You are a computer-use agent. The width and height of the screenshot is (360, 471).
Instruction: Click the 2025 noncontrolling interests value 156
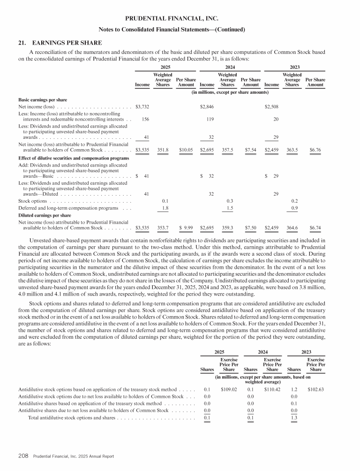click(x=145, y=119)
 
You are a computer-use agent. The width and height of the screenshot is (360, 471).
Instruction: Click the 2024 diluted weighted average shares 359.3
click(x=227, y=228)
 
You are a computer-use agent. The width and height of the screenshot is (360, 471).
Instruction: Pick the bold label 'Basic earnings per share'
click(x=43, y=100)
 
